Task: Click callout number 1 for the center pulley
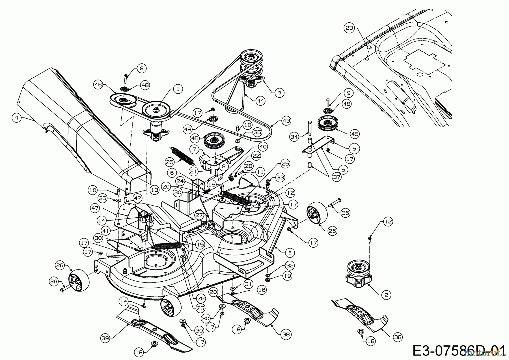(x=178, y=89)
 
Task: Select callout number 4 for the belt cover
(x=17, y=117)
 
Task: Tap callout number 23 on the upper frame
(x=349, y=28)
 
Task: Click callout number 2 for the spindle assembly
(x=386, y=295)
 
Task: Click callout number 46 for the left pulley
(x=98, y=84)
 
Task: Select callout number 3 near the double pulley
(x=279, y=92)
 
